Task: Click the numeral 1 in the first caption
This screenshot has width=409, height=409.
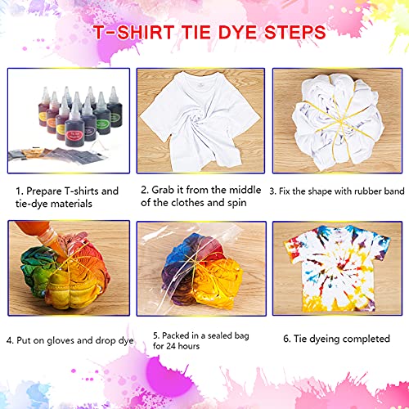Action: pos(18,191)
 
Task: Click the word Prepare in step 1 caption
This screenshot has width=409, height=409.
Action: pos(46,191)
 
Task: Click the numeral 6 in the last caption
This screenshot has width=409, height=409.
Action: pos(286,338)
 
